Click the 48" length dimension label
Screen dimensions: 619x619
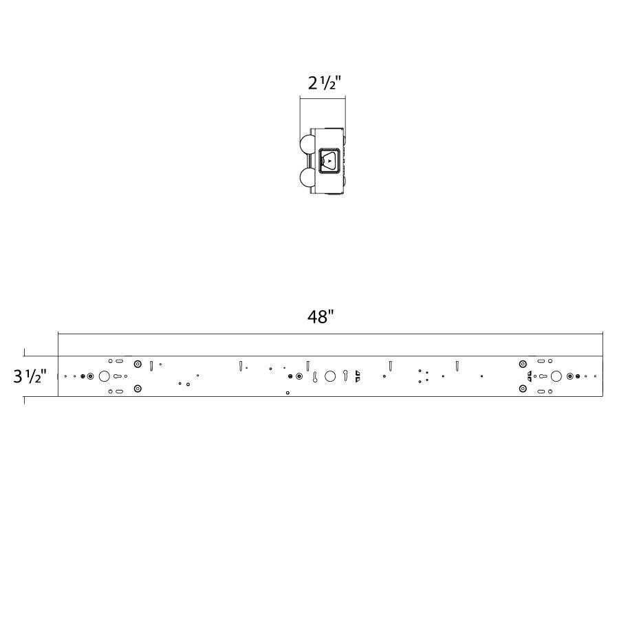point(321,317)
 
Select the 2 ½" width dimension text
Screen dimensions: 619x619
point(324,83)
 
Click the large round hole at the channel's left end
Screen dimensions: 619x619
point(104,376)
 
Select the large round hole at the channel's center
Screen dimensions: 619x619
point(330,376)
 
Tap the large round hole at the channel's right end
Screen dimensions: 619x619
point(556,376)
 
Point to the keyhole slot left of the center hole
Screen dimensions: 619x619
point(314,377)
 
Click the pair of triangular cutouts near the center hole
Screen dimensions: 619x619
point(357,376)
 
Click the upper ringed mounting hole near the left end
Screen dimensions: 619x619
point(138,364)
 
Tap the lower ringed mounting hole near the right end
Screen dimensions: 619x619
point(523,389)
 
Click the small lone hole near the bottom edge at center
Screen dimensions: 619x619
point(287,393)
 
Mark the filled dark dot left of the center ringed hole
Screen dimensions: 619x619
point(291,376)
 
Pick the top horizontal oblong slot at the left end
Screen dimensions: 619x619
point(120,361)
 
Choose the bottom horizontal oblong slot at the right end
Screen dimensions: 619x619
point(541,391)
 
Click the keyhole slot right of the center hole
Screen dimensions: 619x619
point(345,376)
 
